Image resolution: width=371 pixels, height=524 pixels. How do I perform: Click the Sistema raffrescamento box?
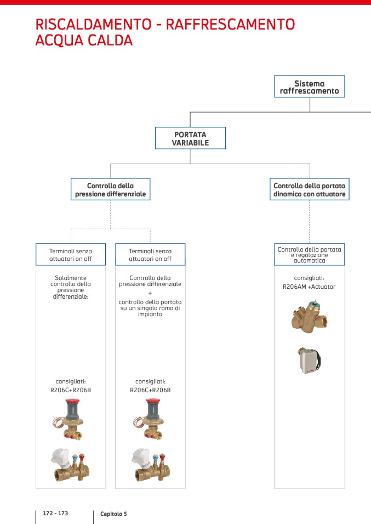(x=309, y=87)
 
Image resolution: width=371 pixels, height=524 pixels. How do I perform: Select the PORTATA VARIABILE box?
(x=190, y=138)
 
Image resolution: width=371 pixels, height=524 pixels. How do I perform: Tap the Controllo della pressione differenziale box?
(x=110, y=190)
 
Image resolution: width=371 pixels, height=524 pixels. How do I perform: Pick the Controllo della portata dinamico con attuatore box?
(x=310, y=190)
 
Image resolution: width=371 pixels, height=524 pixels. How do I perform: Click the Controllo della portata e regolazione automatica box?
(x=309, y=255)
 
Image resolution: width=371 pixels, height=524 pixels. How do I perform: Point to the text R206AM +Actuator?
(x=310, y=287)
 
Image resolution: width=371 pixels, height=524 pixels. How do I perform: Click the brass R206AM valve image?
(x=309, y=317)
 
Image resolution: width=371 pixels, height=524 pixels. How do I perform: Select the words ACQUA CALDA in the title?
(x=84, y=40)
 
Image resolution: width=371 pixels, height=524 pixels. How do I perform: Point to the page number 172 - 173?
(x=55, y=514)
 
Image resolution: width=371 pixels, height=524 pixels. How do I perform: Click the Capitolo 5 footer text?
(x=113, y=514)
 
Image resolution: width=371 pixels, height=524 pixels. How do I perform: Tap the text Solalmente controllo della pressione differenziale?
(x=71, y=287)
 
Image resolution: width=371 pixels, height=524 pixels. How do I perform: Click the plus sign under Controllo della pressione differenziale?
(x=150, y=293)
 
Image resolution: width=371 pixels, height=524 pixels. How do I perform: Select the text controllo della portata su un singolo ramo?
(x=150, y=308)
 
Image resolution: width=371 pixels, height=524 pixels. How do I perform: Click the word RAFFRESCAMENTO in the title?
(x=230, y=25)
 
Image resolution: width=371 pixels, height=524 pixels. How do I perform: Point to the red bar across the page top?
(x=185, y=2)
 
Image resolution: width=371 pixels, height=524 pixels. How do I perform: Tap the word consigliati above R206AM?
(x=309, y=277)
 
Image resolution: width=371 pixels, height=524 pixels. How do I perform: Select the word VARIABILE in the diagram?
(x=190, y=143)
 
